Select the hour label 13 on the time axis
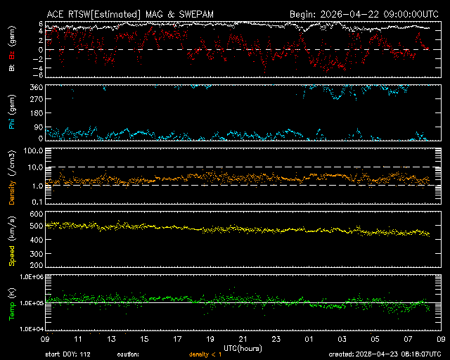coord(110,339)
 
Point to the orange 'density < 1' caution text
coord(204,354)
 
